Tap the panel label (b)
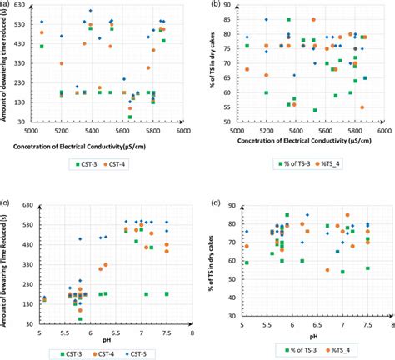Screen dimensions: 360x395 pyautogui.click(x=215, y=6)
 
